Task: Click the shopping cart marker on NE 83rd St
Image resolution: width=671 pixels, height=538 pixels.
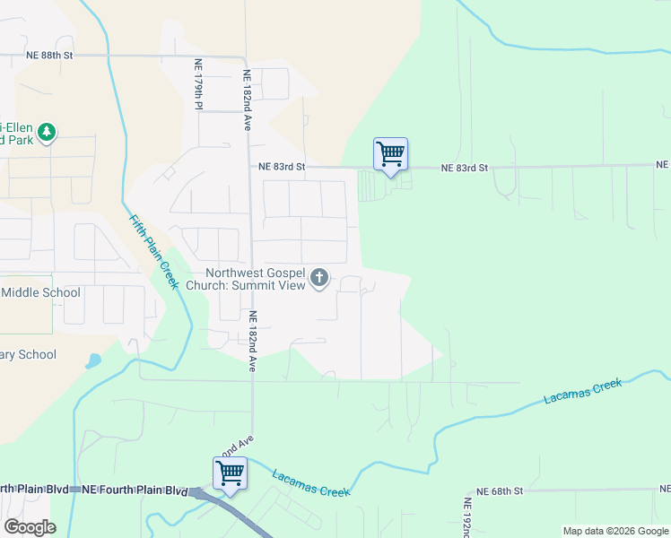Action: (390, 154)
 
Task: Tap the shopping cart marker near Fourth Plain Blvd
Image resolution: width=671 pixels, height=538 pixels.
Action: (230, 473)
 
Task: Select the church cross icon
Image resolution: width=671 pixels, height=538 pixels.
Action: (319, 280)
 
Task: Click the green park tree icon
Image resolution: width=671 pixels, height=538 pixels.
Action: (47, 133)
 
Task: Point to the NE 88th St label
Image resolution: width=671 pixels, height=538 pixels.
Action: (49, 56)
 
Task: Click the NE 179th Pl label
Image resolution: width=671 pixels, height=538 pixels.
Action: (197, 86)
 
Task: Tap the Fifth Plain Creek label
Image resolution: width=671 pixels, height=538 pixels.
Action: (154, 251)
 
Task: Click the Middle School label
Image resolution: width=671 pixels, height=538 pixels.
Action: (41, 292)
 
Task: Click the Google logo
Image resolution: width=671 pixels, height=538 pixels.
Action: (30, 527)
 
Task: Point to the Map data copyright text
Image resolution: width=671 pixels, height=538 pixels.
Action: (614, 531)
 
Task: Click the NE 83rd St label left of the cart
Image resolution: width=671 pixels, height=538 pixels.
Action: (282, 167)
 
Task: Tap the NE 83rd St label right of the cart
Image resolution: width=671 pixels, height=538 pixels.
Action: (465, 168)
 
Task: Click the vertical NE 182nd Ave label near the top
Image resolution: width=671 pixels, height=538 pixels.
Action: (247, 100)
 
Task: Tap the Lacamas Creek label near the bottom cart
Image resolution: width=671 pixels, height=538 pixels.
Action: (310, 484)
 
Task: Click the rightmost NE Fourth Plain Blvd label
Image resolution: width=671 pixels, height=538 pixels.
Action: (135, 490)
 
